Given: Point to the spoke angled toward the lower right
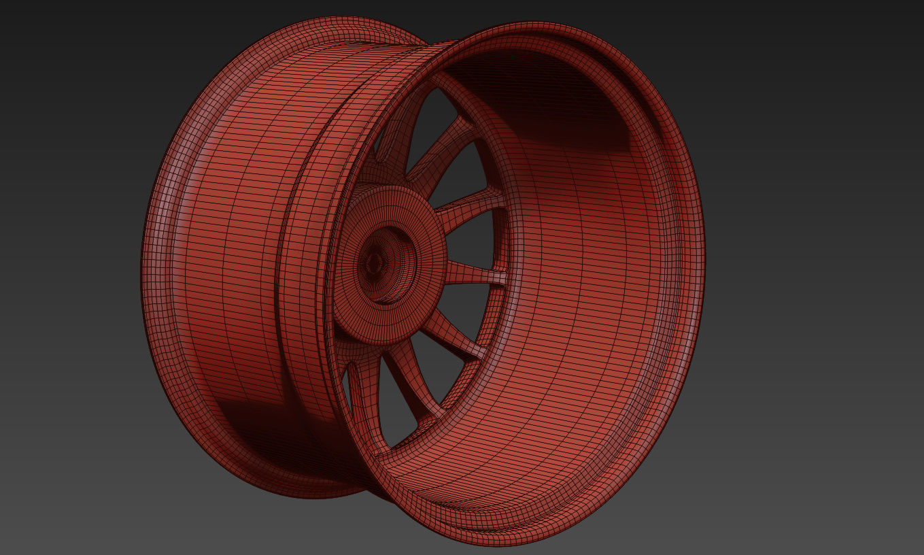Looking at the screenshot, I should click(452, 333).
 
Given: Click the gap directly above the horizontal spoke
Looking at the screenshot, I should click(476, 238).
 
